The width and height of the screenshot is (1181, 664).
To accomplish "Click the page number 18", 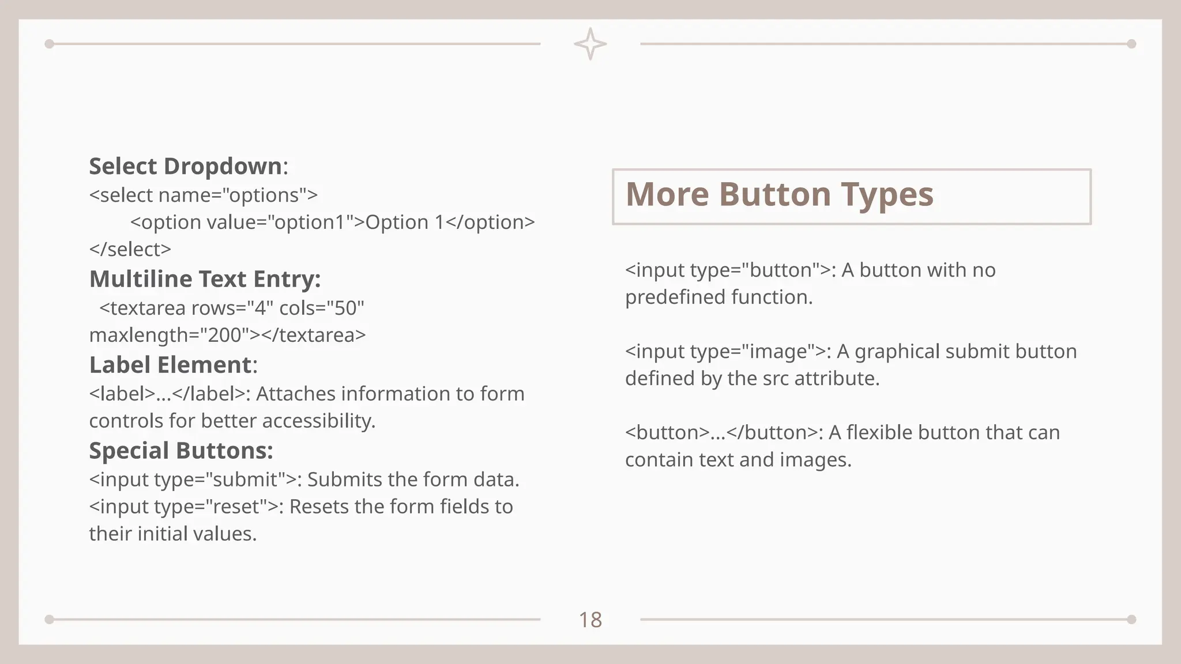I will pyautogui.click(x=590, y=620).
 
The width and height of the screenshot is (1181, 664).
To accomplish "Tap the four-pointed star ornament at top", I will pyautogui.click(x=590, y=44).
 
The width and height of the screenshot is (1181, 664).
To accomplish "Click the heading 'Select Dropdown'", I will pyautogui.click(x=185, y=166).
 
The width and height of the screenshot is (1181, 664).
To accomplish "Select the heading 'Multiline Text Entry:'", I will pyautogui.click(x=205, y=279).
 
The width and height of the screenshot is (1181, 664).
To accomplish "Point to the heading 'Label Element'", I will pyautogui.click(x=171, y=365).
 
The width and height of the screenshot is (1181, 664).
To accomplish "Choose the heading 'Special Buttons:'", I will pyautogui.click(x=181, y=451).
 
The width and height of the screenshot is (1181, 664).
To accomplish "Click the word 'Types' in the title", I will pyautogui.click(x=887, y=194).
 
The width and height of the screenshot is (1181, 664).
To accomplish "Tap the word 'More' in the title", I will pyautogui.click(x=667, y=194).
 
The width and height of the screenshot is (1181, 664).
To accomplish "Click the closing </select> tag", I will pyautogui.click(x=130, y=250).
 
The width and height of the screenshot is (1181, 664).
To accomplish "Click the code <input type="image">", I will pyautogui.click(x=725, y=352).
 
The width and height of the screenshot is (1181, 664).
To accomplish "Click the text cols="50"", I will pyautogui.click(x=322, y=308).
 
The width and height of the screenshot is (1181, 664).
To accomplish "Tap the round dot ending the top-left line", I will pyautogui.click(x=50, y=44).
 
